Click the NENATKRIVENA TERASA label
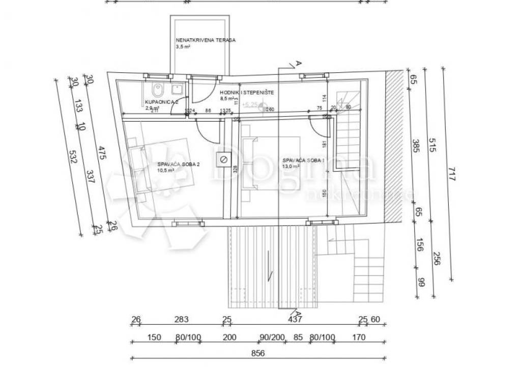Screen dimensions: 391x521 (x=205, y=40)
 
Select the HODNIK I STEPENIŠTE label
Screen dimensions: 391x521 (x=247, y=93)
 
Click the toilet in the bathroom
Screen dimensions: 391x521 (x=158, y=89)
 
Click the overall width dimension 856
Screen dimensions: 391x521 (x=258, y=354)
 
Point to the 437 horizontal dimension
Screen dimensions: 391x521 (x=295, y=320)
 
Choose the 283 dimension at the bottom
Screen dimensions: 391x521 (x=181, y=320)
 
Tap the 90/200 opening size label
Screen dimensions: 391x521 (x=271, y=337)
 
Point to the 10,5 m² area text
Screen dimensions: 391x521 (x=166, y=171)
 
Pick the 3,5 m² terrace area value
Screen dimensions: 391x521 (x=184, y=46)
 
